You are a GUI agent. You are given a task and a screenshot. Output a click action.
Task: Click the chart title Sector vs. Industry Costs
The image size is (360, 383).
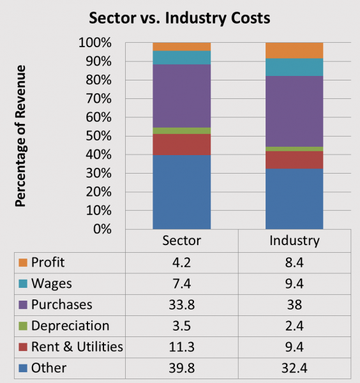180,17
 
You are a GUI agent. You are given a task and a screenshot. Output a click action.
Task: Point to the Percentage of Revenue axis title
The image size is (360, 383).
21,135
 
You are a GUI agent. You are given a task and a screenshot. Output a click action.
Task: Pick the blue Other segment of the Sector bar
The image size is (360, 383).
182,191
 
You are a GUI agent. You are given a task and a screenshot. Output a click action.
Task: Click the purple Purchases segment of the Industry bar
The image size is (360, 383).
294,112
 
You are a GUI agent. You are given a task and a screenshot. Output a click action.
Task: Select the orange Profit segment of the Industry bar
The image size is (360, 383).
294,50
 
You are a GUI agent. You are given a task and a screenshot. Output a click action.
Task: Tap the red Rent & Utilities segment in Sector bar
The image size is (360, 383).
182,144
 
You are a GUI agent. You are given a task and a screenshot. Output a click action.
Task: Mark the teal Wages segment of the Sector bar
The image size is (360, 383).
182,57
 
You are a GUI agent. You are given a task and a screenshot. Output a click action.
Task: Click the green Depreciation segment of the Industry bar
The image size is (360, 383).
294,149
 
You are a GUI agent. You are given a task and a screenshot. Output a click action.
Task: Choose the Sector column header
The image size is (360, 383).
182,241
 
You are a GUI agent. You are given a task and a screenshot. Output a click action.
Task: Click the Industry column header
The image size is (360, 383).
294,241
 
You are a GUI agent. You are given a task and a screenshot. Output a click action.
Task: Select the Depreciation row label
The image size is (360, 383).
70,326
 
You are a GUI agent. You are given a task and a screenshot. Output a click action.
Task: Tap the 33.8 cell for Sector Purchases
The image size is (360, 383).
182,304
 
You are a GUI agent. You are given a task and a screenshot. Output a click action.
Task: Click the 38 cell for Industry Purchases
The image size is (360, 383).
294,304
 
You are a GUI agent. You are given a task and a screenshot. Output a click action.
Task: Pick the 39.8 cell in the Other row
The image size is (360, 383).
182,368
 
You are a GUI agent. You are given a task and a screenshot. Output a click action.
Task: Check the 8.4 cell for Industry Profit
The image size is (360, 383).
294,262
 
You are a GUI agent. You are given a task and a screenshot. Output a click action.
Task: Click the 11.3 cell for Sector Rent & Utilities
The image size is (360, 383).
182,347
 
